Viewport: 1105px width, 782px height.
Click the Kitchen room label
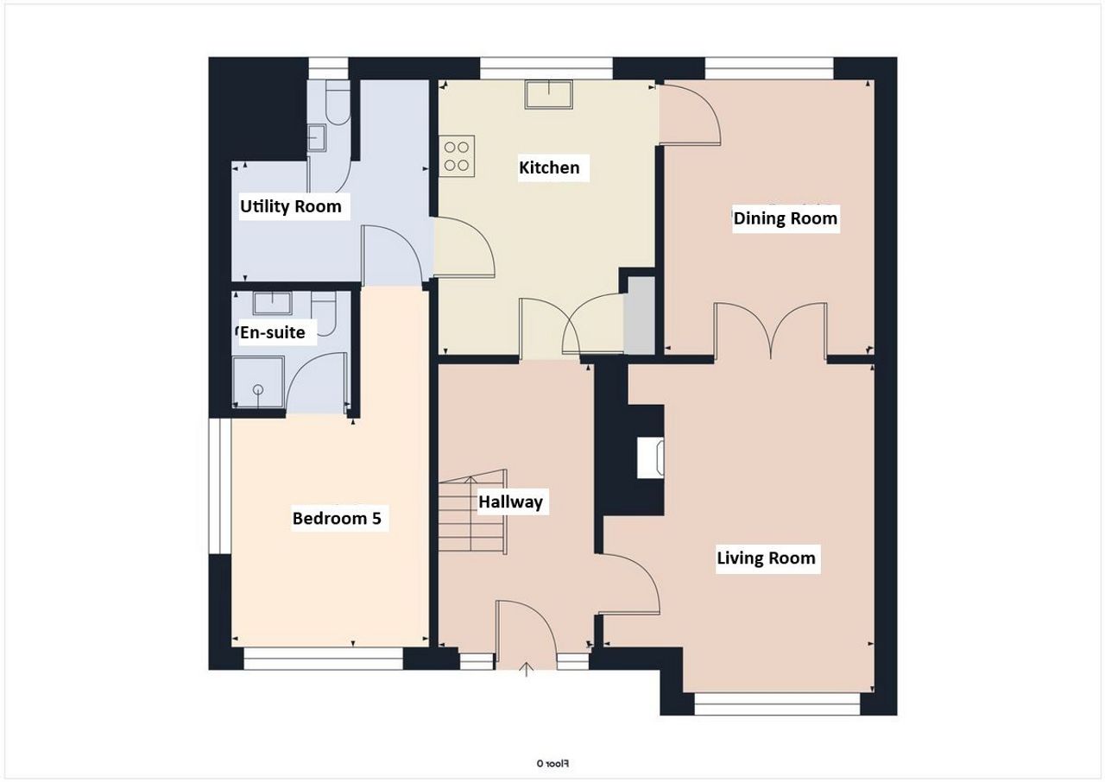coord(549,167)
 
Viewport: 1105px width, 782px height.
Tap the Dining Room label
coord(786,218)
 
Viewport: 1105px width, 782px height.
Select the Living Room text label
coord(766,558)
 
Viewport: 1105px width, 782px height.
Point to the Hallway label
coord(510,502)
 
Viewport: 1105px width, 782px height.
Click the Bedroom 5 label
coord(337,518)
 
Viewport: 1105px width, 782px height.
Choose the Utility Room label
coord(291,206)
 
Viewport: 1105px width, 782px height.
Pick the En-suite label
coord(272,332)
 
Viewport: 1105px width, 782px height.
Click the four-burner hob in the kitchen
coord(457,156)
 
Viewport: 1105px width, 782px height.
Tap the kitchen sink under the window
coord(549,95)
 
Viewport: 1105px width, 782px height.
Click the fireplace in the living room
coord(650,457)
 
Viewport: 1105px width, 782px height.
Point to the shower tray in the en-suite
coord(258,382)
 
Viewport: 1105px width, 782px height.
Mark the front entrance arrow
coord(527,669)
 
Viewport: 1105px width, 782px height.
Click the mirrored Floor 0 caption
coord(552,764)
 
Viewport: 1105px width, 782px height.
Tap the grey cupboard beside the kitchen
coord(640,316)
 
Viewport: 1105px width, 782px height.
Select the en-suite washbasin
coord(272,303)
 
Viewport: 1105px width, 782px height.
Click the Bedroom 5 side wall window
coord(219,486)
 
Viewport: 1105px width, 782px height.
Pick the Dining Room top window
coord(769,68)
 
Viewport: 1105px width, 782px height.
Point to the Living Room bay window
coord(777,704)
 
